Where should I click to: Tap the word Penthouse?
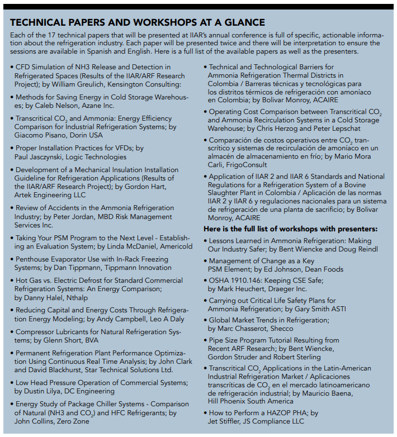[x=35, y=259]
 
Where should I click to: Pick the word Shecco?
[x=281, y=329]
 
